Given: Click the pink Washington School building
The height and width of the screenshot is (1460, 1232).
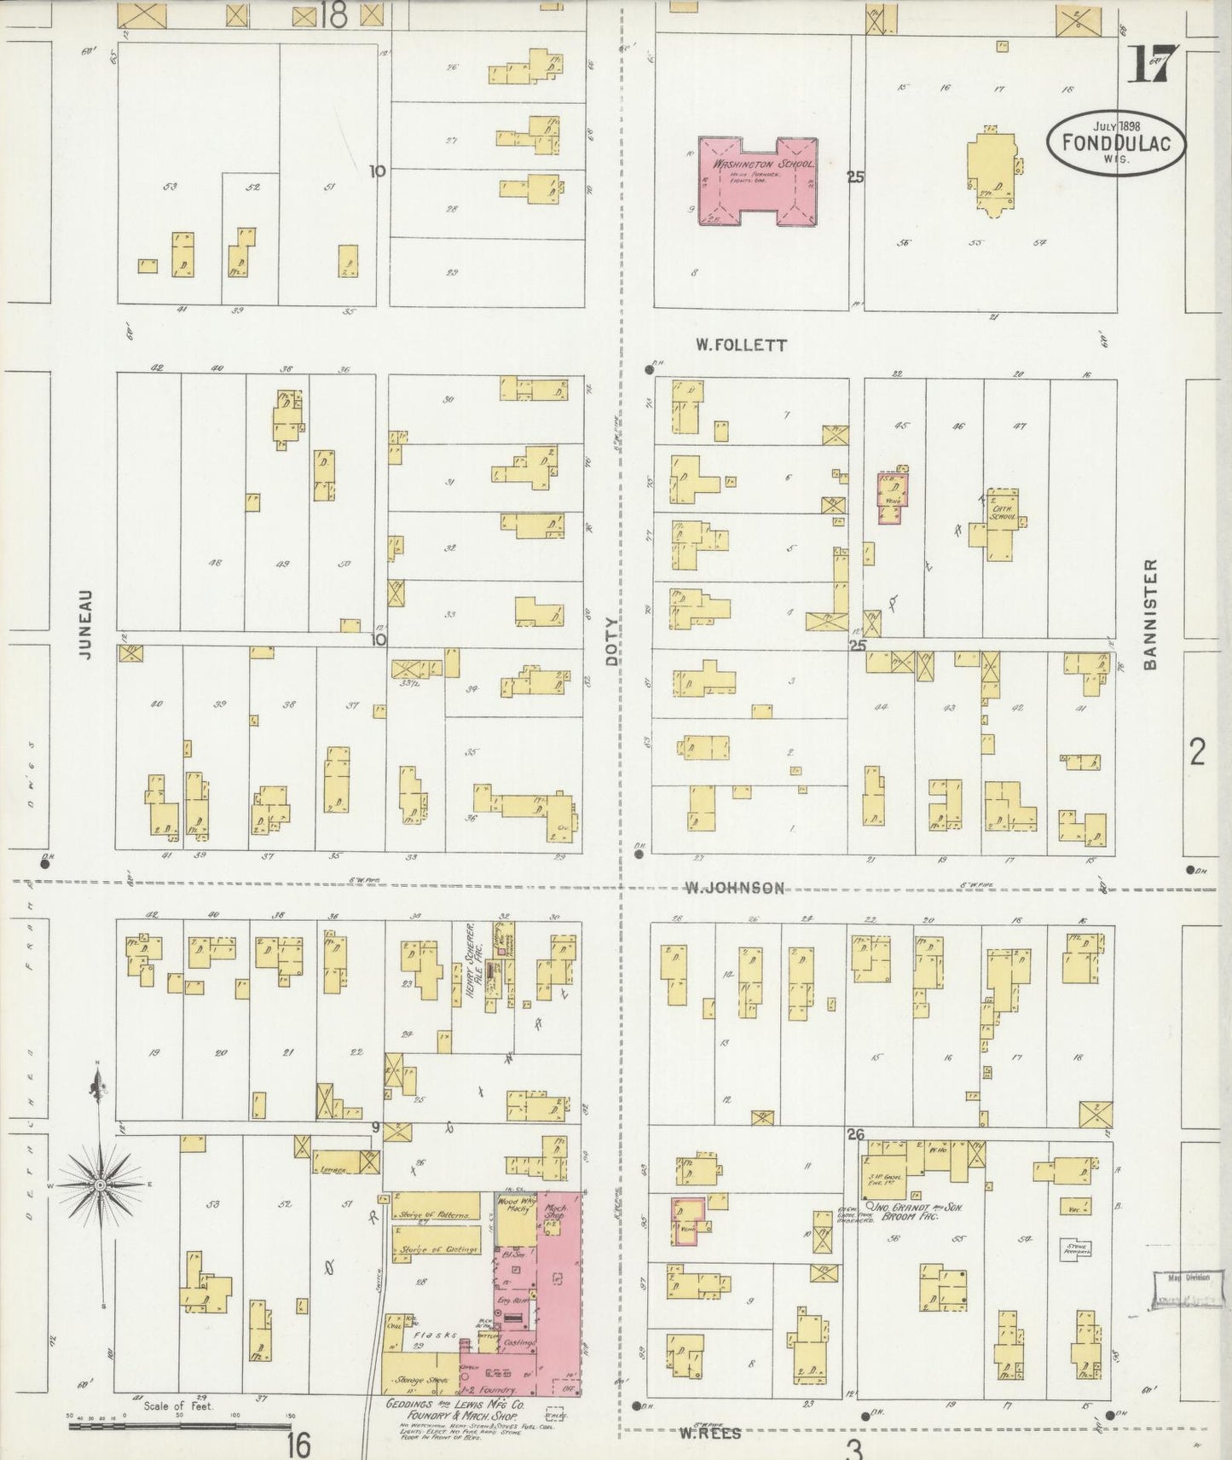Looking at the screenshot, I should pos(757,180).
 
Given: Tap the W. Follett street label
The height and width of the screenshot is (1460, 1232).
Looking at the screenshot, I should pos(740,345).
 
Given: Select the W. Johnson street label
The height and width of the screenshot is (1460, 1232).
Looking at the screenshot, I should pos(735,888).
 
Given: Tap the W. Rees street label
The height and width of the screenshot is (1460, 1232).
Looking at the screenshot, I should pos(709,1434).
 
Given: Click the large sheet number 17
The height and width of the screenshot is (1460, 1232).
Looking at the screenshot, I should pos(1153,65).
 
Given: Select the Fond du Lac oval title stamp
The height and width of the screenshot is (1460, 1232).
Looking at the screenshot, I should pos(1116,145).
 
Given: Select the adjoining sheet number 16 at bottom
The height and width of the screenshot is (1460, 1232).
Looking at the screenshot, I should pos(298,1445).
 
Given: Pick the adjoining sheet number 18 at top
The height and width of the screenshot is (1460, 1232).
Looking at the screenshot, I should pos(334,16).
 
